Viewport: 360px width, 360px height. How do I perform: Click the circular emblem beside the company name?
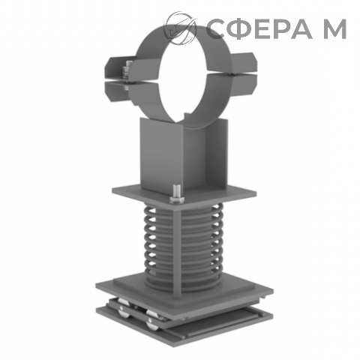[x=179, y=28]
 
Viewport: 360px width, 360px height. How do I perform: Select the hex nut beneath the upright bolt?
[x=177, y=199]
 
